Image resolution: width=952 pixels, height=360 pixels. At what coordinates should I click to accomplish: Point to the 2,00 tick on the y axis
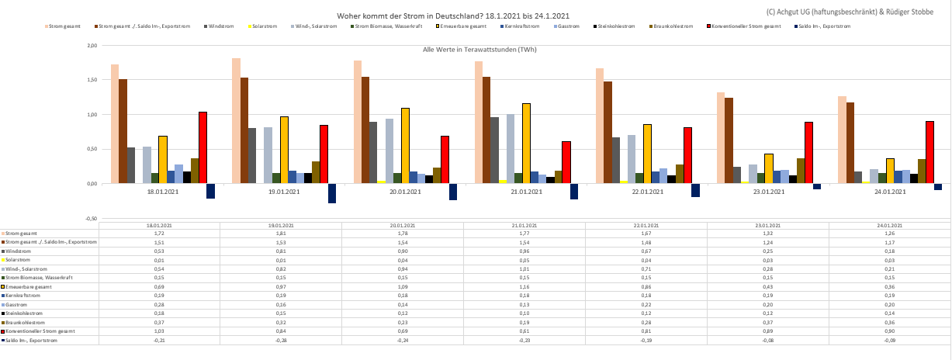click(x=91, y=46)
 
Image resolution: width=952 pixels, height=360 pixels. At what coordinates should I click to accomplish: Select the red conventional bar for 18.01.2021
click(x=203, y=147)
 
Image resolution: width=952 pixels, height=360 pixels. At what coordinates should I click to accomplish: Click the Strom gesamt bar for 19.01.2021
click(x=236, y=121)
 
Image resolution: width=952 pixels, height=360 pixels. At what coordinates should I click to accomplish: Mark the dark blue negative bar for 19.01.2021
click(x=332, y=193)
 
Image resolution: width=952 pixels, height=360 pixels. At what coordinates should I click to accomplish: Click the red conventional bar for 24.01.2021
click(x=929, y=152)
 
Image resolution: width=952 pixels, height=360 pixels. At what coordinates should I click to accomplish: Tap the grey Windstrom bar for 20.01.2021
click(x=373, y=152)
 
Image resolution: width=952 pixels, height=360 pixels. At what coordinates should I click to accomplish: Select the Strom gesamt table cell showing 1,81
click(x=281, y=234)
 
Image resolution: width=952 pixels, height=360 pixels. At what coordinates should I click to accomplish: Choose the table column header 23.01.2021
click(x=767, y=225)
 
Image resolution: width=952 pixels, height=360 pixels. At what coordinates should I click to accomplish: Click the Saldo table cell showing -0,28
click(x=281, y=341)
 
